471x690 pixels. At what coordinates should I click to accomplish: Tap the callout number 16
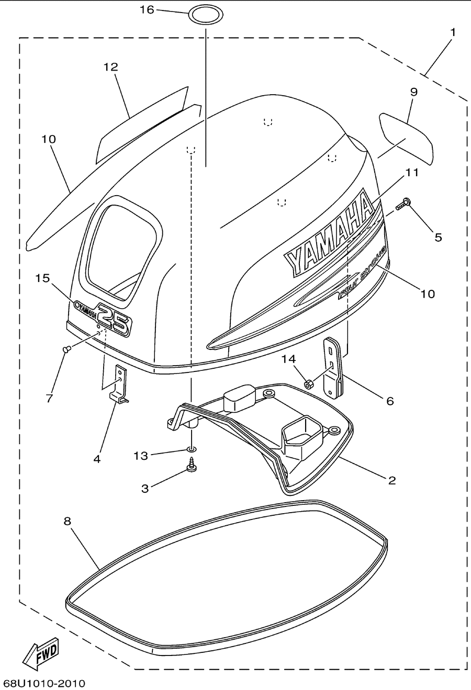pos(147,10)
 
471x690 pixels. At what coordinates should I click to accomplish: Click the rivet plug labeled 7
pos(66,349)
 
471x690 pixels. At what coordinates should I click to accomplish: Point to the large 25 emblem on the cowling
pos(114,320)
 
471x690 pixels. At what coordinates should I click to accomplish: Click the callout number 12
pos(110,67)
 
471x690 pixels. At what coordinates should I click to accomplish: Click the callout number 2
pos(392,480)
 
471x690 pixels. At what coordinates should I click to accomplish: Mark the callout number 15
pos(42,278)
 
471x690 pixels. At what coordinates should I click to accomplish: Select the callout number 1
pos(453,32)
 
